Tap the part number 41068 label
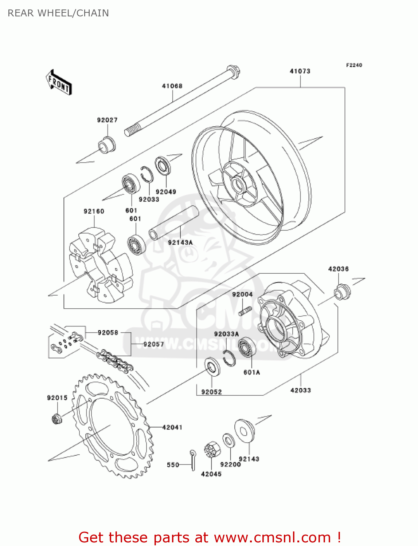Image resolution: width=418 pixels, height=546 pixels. (172, 86)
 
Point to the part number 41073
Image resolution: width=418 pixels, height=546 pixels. (300, 71)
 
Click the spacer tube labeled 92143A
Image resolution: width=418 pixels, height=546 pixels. (173, 223)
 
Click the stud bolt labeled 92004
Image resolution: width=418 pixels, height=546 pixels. (245, 312)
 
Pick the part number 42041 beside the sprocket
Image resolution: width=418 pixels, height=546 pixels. (172, 427)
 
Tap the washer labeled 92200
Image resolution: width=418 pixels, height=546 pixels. (229, 440)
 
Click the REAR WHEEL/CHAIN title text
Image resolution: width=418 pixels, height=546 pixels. (58, 13)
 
